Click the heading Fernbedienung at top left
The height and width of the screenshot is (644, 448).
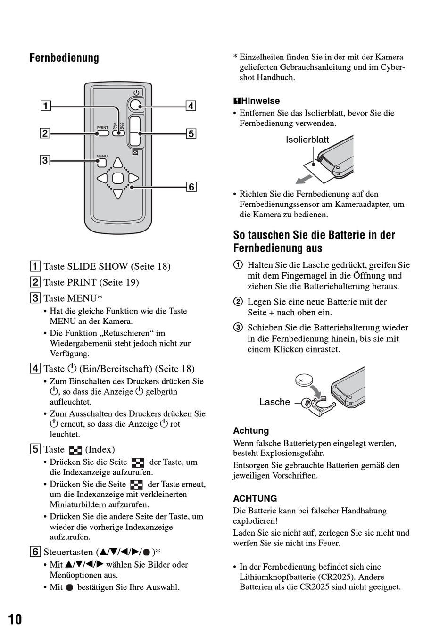click(x=64, y=58)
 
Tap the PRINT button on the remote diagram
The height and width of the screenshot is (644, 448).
click(x=103, y=133)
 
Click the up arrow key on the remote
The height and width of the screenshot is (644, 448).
click(x=118, y=163)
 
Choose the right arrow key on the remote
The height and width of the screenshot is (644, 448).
click(x=134, y=178)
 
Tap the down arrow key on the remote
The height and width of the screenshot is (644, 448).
click(x=118, y=193)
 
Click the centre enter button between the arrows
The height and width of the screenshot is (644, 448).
click(x=118, y=178)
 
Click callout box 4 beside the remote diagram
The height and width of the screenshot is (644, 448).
click(x=191, y=106)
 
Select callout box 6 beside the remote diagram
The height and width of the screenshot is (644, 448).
click(x=191, y=187)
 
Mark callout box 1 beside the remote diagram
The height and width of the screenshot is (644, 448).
click(x=45, y=106)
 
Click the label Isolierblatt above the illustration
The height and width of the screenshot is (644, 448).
click(x=307, y=140)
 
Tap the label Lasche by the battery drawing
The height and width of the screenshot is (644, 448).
click(x=274, y=402)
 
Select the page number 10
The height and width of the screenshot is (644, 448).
click(x=15, y=619)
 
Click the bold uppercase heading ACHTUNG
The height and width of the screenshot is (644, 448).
click(x=255, y=498)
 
